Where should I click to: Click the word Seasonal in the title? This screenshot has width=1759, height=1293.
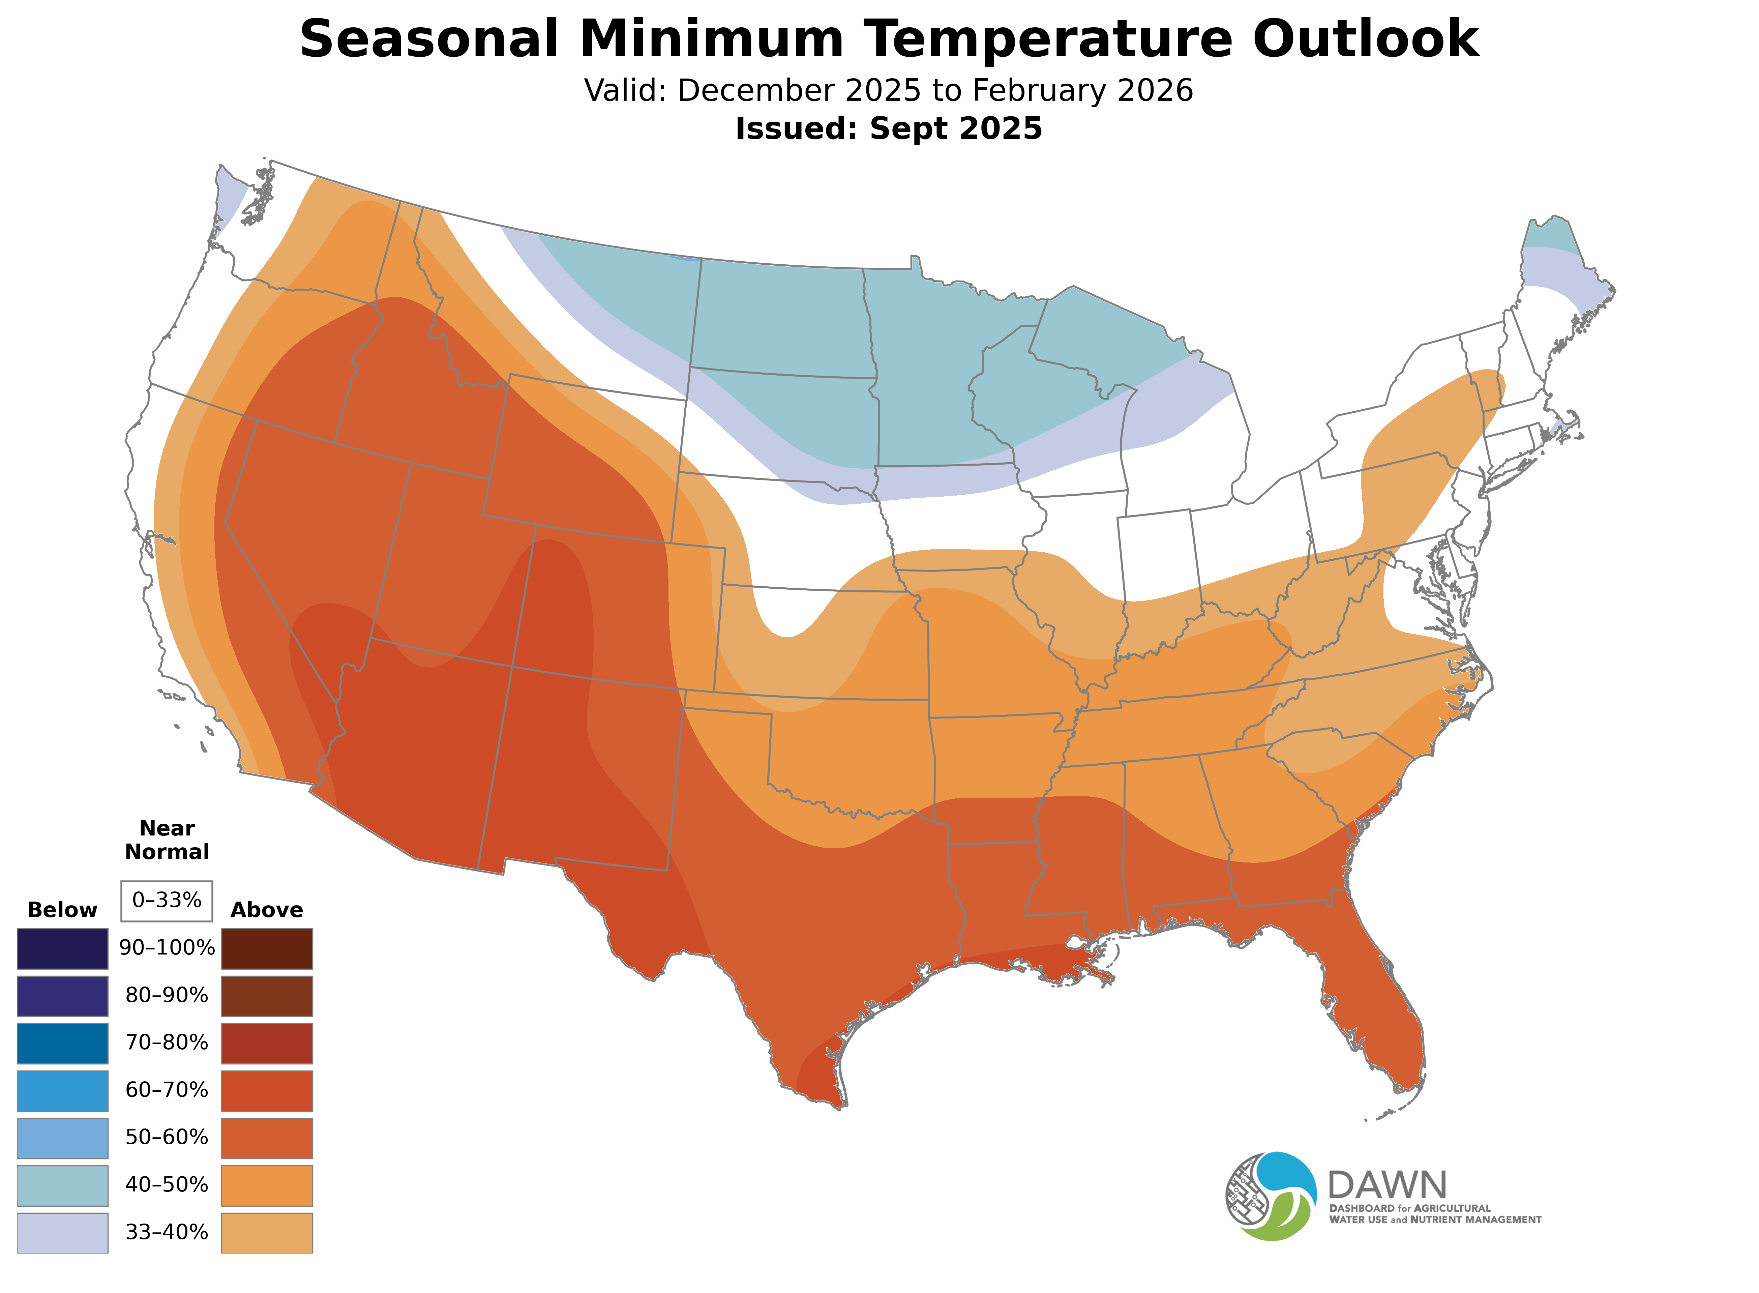pyautogui.click(x=429, y=39)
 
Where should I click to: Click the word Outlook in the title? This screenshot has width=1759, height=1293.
pyautogui.click(x=1365, y=39)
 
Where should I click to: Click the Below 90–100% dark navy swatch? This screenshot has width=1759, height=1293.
pyautogui.click(x=63, y=949)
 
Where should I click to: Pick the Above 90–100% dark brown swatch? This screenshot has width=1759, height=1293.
pyautogui.click(x=267, y=949)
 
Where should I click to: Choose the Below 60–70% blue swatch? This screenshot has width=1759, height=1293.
pyautogui.click(x=63, y=1090)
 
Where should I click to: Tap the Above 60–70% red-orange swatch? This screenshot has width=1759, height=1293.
pyautogui.click(x=267, y=1090)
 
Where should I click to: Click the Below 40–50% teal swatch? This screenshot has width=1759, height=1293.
pyautogui.click(x=63, y=1185)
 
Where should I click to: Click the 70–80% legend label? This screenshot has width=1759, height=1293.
pyautogui.click(x=167, y=1042)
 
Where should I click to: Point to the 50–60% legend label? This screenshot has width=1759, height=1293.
pyautogui.click(x=167, y=1137)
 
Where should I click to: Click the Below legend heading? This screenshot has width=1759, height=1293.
pyautogui.click(x=63, y=910)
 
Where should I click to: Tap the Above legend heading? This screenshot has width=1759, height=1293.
pyautogui.click(x=267, y=910)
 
